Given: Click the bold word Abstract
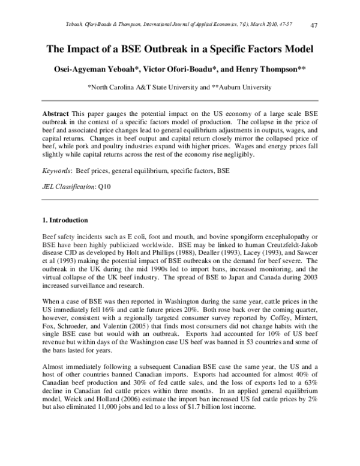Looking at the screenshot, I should (56, 113).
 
